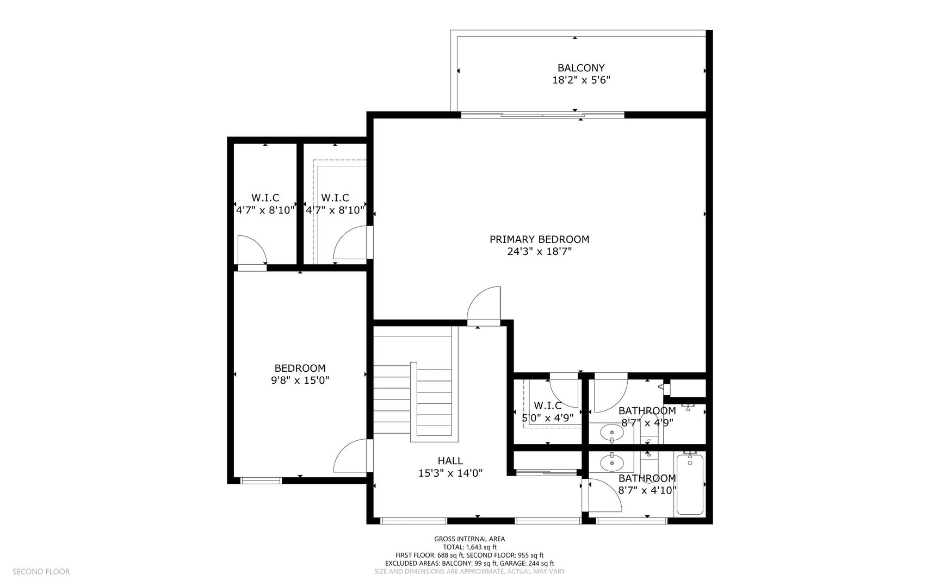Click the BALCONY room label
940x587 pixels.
tap(580, 68)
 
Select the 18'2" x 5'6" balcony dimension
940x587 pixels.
tap(580, 80)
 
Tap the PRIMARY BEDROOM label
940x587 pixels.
tap(539, 239)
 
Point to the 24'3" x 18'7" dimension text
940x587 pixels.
tap(539, 252)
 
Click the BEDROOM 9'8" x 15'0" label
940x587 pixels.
tap(300, 374)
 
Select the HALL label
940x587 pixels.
tap(450, 461)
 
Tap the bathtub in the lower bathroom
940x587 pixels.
tap(689, 485)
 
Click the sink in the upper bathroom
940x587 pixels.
tap(612, 433)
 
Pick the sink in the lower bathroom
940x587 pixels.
tap(612, 463)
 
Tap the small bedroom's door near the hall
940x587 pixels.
tap(351, 457)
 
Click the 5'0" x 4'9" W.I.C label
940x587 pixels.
tap(547, 411)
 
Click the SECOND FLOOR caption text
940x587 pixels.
tap(41, 572)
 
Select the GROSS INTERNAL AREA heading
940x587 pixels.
tap(469, 539)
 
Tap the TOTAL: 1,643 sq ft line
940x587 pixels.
tap(469, 547)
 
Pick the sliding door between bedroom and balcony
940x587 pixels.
tap(542, 115)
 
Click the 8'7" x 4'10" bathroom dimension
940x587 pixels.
tap(647, 490)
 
